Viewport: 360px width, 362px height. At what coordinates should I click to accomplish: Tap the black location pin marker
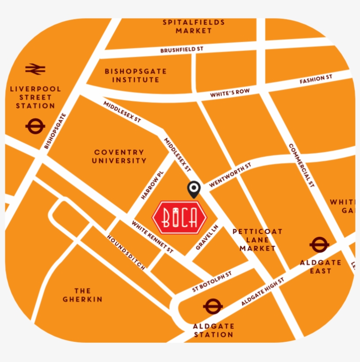tap(194, 189)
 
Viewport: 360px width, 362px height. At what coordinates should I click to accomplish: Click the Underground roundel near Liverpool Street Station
tap(35, 127)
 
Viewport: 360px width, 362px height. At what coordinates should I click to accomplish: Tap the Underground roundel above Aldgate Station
tap(213, 307)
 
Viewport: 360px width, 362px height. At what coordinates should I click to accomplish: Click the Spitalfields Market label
tap(194, 26)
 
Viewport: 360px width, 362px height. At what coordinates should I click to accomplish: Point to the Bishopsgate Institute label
tap(136, 76)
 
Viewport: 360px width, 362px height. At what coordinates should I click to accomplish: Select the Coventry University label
tap(119, 156)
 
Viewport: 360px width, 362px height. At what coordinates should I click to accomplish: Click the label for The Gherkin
tap(82, 295)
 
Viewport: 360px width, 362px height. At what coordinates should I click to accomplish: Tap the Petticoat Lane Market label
tap(257, 240)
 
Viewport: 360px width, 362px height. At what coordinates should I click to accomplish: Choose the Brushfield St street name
tap(181, 50)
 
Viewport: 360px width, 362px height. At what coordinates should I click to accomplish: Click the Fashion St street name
tap(316, 80)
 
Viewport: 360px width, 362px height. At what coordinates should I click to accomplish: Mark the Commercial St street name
tap(302, 166)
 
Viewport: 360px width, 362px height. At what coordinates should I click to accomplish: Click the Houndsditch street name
tap(126, 252)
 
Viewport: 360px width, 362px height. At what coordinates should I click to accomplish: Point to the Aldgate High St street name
tap(263, 292)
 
